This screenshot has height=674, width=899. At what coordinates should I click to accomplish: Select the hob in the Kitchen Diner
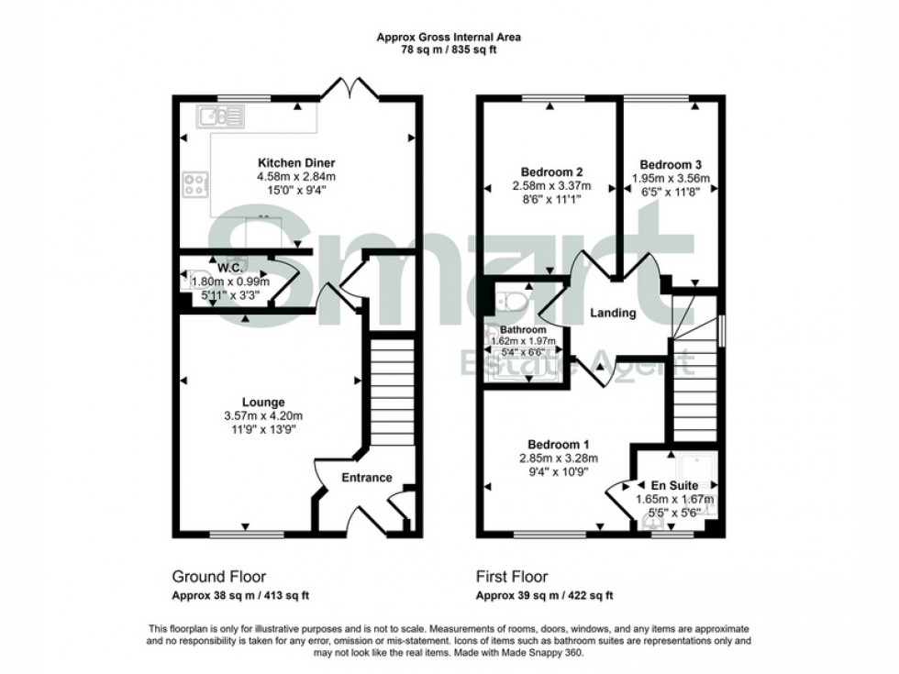click(x=195, y=184)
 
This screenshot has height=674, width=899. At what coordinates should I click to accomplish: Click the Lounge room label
click(x=263, y=402)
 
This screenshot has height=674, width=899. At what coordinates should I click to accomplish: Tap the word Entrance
click(x=367, y=478)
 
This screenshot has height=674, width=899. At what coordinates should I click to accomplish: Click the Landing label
click(x=613, y=313)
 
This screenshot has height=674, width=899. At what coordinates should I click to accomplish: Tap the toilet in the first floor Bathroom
click(x=510, y=300)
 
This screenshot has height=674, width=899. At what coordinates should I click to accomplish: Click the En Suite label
click(x=675, y=485)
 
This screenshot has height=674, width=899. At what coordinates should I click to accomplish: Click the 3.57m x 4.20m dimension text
click(x=263, y=415)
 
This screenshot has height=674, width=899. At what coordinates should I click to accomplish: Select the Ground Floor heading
click(x=219, y=577)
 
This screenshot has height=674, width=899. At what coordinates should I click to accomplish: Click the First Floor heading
click(x=511, y=577)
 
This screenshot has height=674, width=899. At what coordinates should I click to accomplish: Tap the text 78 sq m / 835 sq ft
click(x=449, y=50)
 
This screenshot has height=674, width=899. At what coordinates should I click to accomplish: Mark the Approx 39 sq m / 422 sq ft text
click(x=543, y=595)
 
